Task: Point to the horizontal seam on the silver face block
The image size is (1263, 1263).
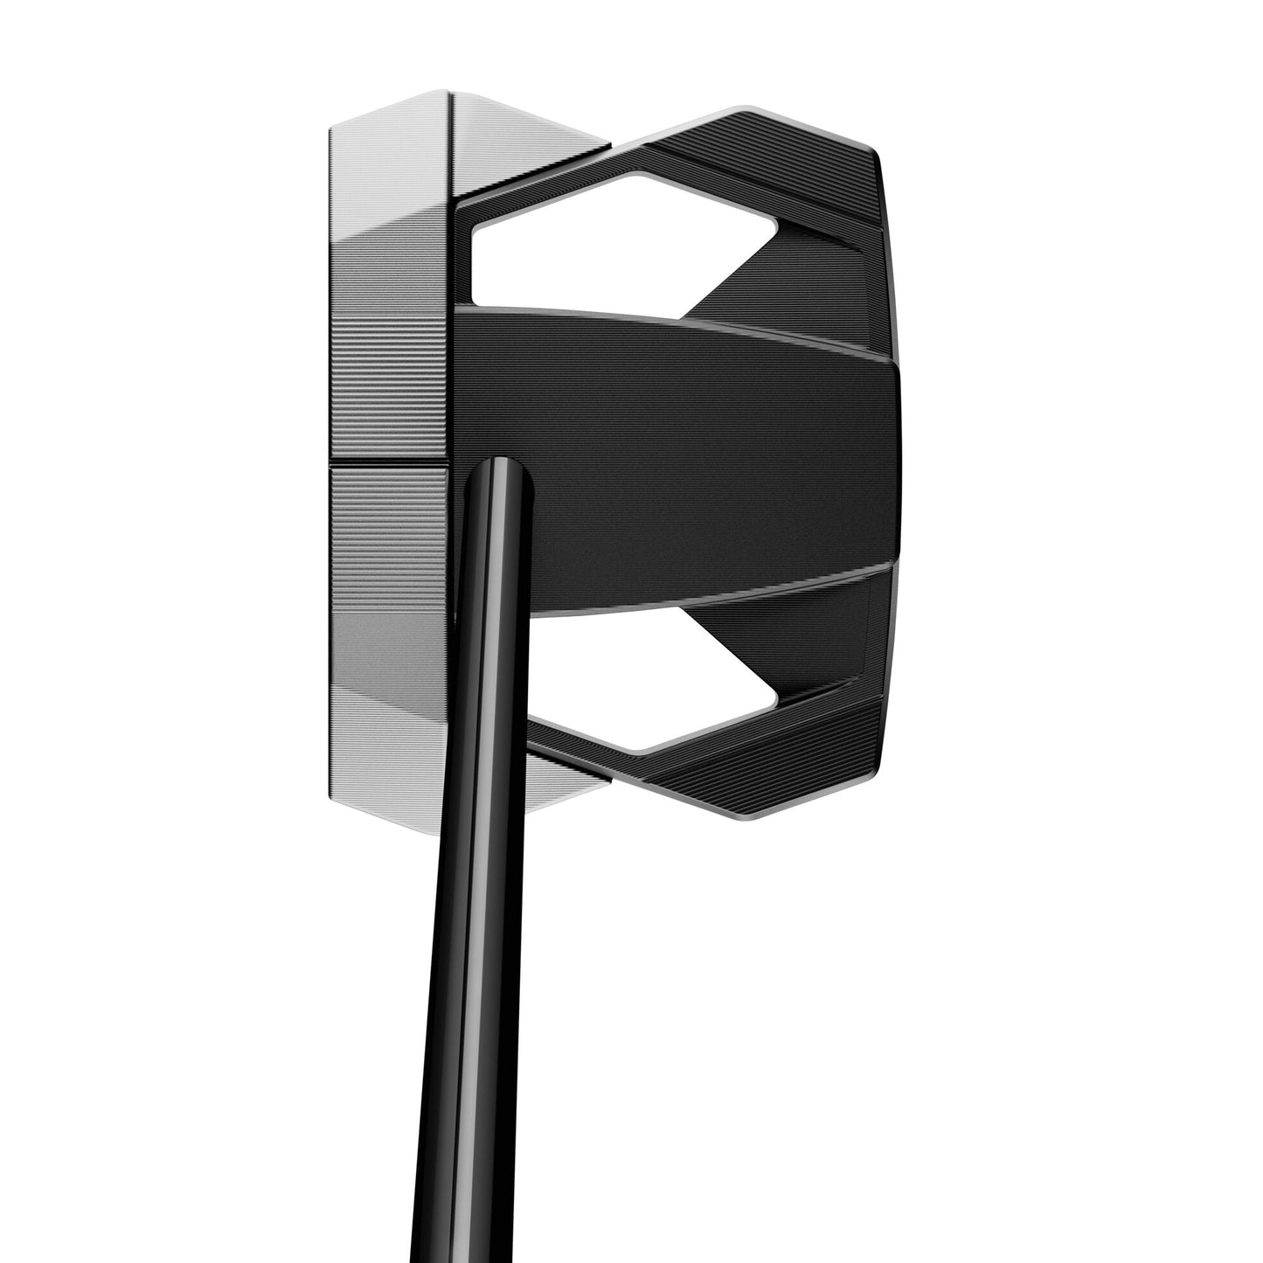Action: (389, 462)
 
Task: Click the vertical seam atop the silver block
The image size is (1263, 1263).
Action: (453, 149)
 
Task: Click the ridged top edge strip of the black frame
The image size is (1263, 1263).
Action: (760, 153)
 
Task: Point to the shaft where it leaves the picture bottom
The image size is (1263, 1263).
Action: (445, 1254)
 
